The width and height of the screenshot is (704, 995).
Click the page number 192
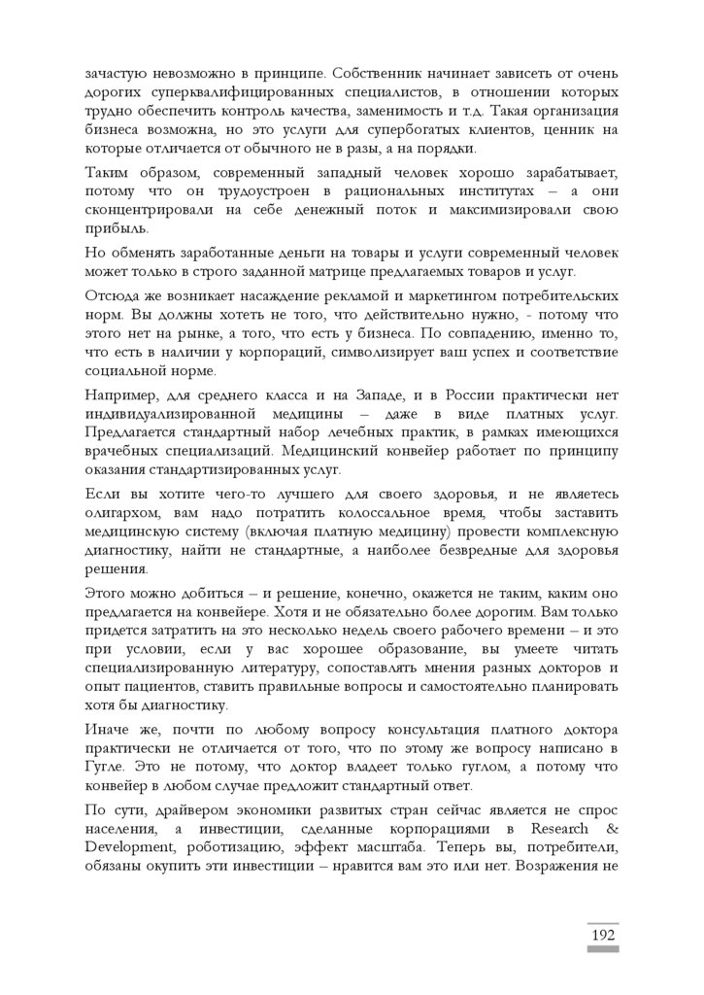(x=602, y=935)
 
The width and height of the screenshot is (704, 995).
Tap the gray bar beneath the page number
(x=602, y=949)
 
